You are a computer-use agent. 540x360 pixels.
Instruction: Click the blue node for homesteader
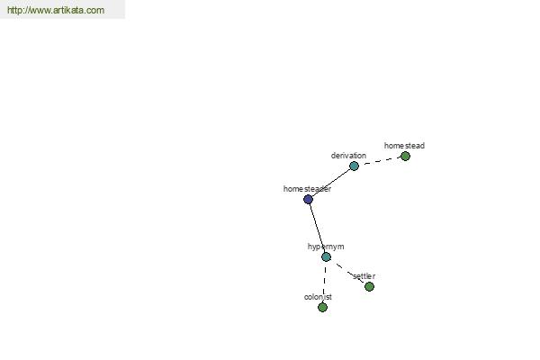pos(308,199)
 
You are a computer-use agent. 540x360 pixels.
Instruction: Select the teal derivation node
pos(354,166)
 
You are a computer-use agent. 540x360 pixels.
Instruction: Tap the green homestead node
pos(405,157)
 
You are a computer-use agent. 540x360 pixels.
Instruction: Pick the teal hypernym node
pos(326,256)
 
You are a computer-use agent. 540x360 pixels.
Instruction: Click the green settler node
pos(369,286)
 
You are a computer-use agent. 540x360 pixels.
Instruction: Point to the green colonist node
pos(322,307)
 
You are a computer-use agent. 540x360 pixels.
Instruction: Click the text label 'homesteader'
pos(307,189)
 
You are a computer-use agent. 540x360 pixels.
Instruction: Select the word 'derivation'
pos(348,156)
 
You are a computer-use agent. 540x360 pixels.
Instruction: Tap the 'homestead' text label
pos(404,146)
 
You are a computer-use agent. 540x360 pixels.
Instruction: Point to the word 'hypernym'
pos(326,247)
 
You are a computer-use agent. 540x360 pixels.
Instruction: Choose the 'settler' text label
pos(364,276)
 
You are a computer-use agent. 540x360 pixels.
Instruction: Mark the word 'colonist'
pos(318,297)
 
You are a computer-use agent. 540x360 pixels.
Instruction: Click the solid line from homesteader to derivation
pos(331,183)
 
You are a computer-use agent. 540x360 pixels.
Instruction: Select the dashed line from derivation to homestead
pos(380,161)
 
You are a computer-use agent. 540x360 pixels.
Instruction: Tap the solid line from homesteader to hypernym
pos(317,228)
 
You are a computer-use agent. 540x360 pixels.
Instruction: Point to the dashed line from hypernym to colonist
pos(324,282)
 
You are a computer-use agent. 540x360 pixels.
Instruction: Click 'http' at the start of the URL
pos(13,10)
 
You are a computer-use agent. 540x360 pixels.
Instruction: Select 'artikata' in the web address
pos(68,10)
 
